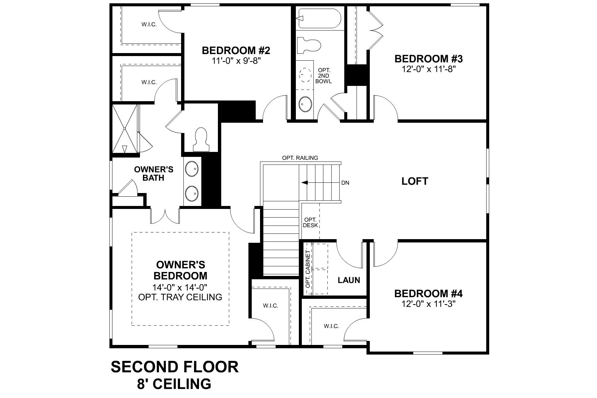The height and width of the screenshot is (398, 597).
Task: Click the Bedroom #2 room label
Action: pyautogui.click(x=236, y=51)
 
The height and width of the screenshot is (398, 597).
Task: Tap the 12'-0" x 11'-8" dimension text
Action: pyautogui.click(x=429, y=69)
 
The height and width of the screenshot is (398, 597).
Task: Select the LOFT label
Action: pyautogui.click(x=415, y=181)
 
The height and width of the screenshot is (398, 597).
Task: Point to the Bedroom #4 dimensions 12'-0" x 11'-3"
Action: pyautogui.click(x=429, y=304)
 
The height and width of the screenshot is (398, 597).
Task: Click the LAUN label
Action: pyautogui.click(x=349, y=280)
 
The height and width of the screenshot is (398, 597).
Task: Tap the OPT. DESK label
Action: pyautogui.click(x=310, y=223)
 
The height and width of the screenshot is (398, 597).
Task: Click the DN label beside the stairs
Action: pyautogui.click(x=345, y=183)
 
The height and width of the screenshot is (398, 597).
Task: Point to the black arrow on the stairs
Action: pyautogui.click(x=304, y=182)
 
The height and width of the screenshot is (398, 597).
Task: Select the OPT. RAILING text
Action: pyautogui.click(x=300, y=158)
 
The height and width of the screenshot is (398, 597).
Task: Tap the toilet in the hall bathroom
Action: pyautogui.click(x=308, y=45)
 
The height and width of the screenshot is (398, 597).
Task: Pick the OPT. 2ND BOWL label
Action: pyautogui.click(x=323, y=76)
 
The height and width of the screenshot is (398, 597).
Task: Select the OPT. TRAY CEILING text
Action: pyautogui.click(x=180, y=297)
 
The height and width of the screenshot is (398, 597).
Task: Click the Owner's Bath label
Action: pyautogui.click(x=154, y=174)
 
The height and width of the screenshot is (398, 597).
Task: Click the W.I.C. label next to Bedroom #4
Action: pyautogui.click(x=331, y=326)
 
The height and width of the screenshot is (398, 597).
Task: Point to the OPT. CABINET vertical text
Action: pyautogui.click(x=308, y=269)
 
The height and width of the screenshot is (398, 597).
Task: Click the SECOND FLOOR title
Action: pyautogui.click(x=174, y=367)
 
